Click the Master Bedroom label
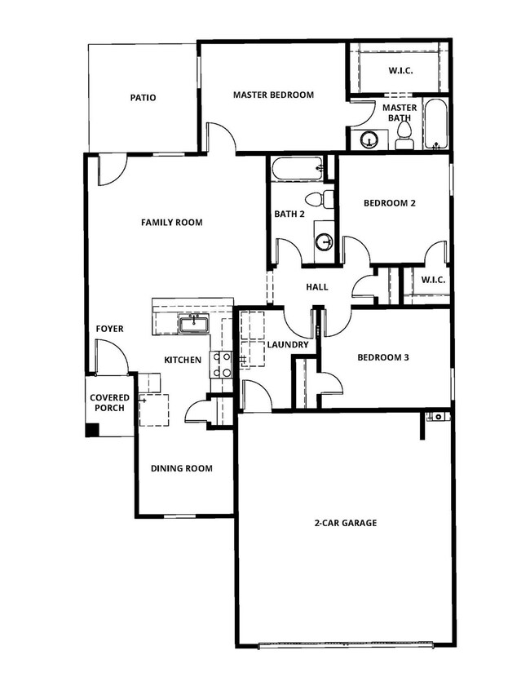[273, 95]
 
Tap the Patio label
[143, 98]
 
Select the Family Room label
[171, 222]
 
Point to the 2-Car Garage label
[345, 523]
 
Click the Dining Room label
[181, 468]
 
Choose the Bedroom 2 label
[390, 203]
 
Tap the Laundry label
[288, 344]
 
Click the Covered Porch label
[110, 402]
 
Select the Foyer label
[109, 329]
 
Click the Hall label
[316, 286]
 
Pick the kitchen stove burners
[220, 364]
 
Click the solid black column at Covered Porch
[92, 429]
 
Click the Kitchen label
[183, 360]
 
